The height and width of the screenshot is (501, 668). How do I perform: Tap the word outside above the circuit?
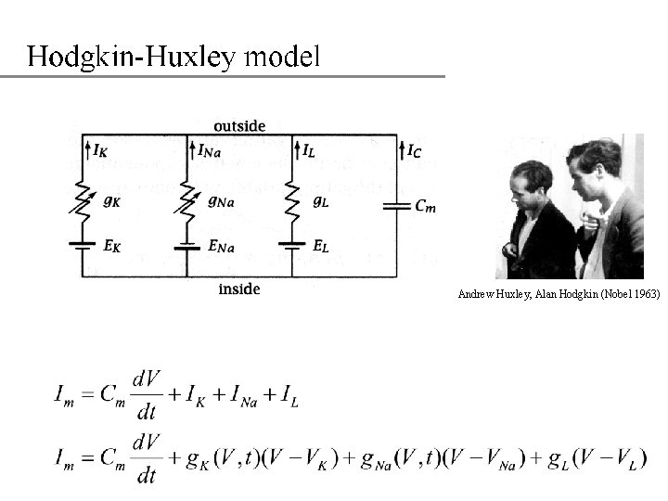(x=239, y=125)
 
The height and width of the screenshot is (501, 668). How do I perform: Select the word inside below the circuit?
(x=239, y=289)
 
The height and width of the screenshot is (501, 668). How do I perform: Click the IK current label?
(x=100, y=149)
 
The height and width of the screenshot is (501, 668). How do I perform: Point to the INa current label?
(x=209, y=150)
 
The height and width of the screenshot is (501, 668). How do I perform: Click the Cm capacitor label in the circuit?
(x=425, y=206)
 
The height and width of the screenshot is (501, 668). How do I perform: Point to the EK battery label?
(x=109, y=246)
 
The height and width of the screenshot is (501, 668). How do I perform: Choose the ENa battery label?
(x=220, y=247)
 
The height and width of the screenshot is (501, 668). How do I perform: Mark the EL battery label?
(x=320, y=246)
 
